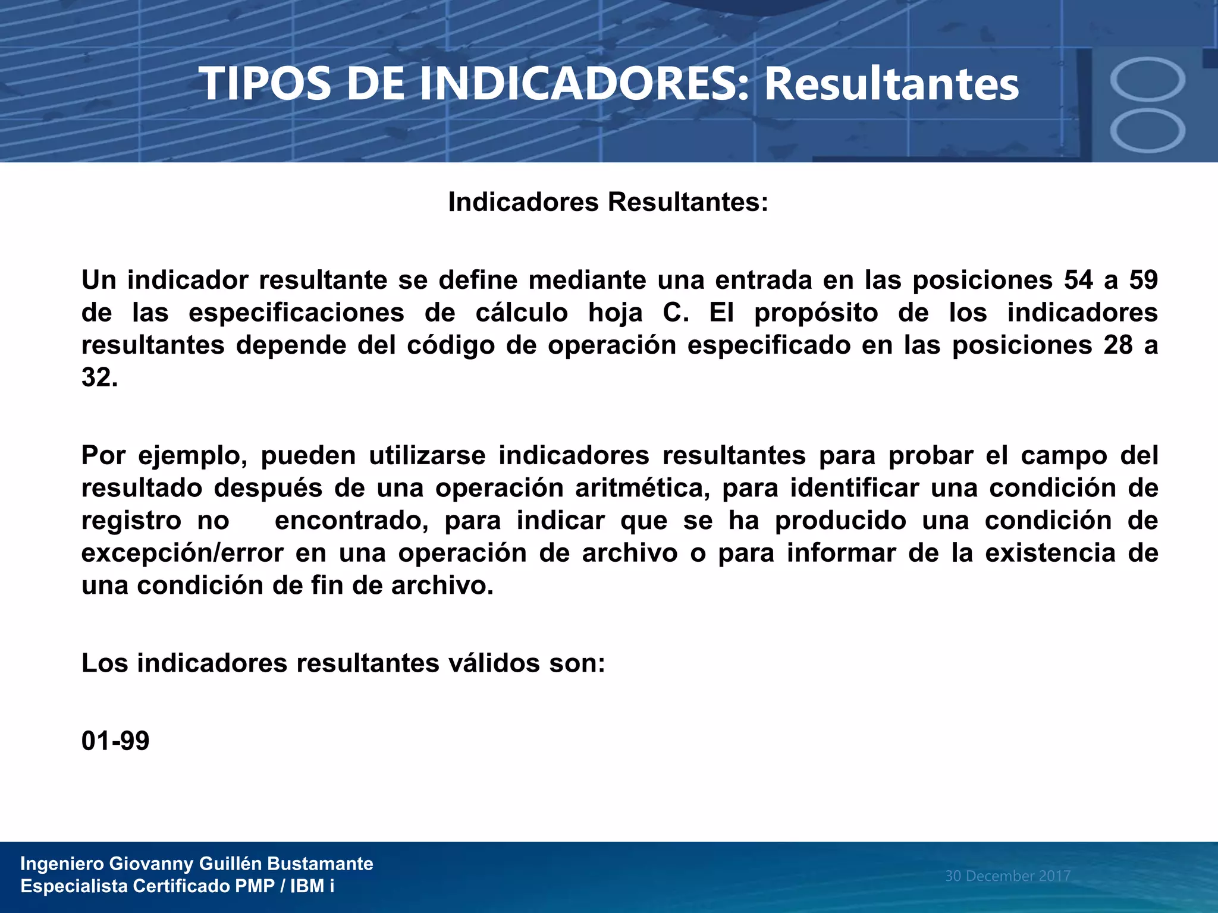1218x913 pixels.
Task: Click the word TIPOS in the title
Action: tap(265, 84)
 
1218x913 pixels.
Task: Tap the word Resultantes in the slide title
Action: tap(891, 84)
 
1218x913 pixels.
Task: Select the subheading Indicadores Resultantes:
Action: tap(608, 202)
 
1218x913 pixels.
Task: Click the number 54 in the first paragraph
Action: tap(1078, 280)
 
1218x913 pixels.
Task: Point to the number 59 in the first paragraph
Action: tap(1143, 280)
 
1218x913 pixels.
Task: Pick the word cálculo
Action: tap(522, 313)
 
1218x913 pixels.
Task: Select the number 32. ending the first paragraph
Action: tap(99, 377)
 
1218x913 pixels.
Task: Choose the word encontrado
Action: tap(351, 521)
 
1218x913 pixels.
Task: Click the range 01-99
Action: tap(115, 741)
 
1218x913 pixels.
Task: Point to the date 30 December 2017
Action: tap(1007, 876)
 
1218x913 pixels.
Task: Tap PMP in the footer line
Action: tap(255, 886)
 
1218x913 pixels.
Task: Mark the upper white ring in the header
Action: tap(1147, 80)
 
